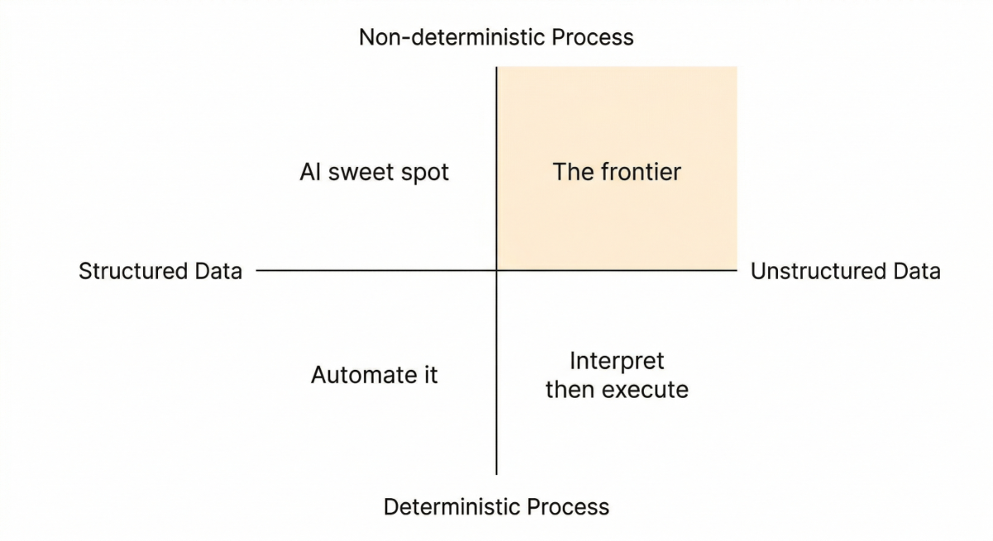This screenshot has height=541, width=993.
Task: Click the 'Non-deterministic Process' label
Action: click(496, 37)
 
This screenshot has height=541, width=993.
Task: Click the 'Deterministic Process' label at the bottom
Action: click(496, 506)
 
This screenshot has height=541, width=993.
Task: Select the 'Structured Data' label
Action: click(160, 271)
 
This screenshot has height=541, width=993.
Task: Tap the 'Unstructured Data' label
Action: click(845, 271)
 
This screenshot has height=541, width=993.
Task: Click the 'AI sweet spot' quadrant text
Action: click(374, 172)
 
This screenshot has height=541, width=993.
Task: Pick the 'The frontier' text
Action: click(616, 172)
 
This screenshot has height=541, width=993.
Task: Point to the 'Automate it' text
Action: click(374, 375)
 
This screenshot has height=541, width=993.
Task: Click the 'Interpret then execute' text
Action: click(616, 375)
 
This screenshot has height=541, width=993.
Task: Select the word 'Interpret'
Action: click(616, 361)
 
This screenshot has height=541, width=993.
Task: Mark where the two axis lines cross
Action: click(496, 270)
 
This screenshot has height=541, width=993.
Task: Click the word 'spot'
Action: click(426, 173)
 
